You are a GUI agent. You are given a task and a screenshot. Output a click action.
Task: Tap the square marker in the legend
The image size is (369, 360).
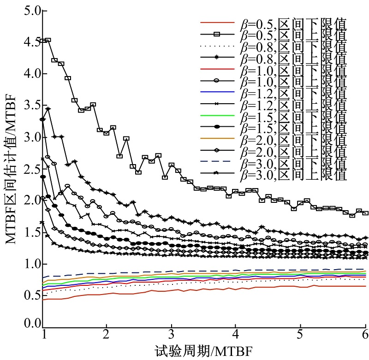coord(216,35)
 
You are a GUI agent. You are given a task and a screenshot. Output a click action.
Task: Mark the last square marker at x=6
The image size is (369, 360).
coord(365,213)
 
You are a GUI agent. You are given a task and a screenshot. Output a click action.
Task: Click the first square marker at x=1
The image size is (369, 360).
coord(44,41)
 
